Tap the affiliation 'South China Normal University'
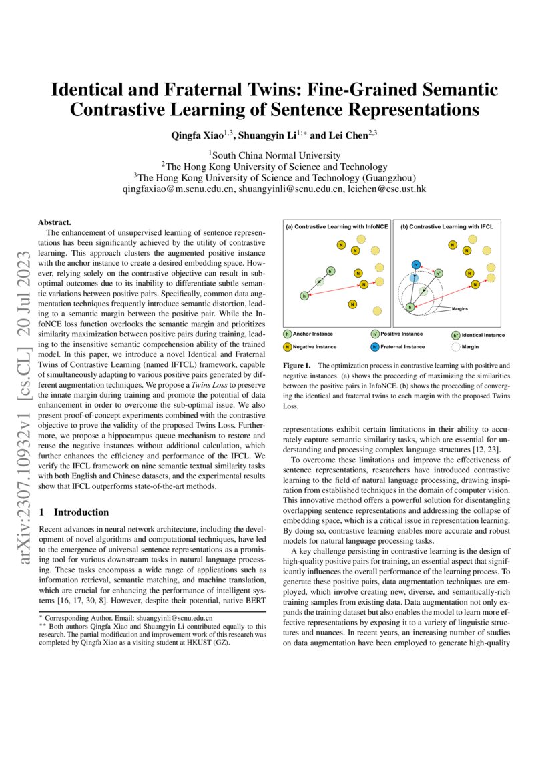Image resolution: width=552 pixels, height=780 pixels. click(x=276, y=155)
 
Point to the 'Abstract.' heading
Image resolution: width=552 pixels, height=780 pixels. click(x=55, y=222)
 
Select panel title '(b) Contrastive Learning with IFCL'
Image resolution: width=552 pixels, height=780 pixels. click(x=447, y=227)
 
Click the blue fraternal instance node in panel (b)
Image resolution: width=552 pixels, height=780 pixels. click(x=415, y=265)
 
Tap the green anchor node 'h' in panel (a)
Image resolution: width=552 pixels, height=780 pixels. click(x=304, y=295)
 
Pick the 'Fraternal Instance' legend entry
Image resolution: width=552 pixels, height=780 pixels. click(x=402, y=346)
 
